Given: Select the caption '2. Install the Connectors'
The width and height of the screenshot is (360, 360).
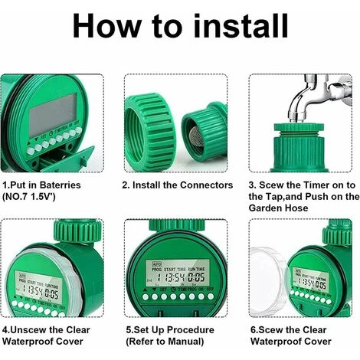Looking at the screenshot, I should point(178,185).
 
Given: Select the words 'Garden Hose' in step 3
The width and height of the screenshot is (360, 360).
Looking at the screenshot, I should point(278,208).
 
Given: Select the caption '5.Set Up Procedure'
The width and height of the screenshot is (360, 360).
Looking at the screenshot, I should point(171,330).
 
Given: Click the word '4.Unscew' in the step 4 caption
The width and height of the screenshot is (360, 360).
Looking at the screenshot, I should point(26,330).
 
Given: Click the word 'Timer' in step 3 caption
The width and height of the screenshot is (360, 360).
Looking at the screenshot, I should point(317,185).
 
